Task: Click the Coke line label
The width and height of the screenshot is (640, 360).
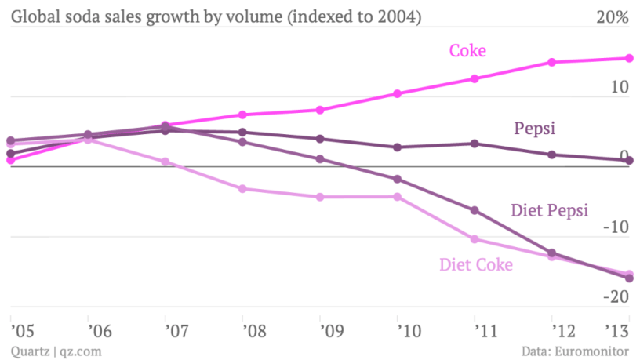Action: coord(467,51)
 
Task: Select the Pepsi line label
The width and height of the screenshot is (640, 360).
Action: coord(535,129)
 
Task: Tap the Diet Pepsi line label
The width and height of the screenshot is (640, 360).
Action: coord(549,210)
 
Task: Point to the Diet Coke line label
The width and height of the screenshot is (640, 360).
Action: coord(476,265)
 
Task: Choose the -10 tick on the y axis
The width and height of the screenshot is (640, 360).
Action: coord(616,228)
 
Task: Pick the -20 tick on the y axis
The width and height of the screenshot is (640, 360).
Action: coord(616,298)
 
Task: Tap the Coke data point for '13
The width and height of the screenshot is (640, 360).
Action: coord(629,58)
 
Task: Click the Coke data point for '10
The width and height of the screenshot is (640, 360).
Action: coord(398,94)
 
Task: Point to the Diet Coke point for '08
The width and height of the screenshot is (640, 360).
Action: coord(243,189)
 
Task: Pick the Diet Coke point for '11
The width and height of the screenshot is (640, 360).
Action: coord(475,239)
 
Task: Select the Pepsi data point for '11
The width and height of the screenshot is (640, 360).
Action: coord(475,144)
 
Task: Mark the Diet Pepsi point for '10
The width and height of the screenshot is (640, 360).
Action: coord(398,180)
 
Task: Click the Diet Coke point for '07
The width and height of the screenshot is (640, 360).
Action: coord(165,162)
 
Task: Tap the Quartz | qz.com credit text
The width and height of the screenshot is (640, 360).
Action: coord(56,351)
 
